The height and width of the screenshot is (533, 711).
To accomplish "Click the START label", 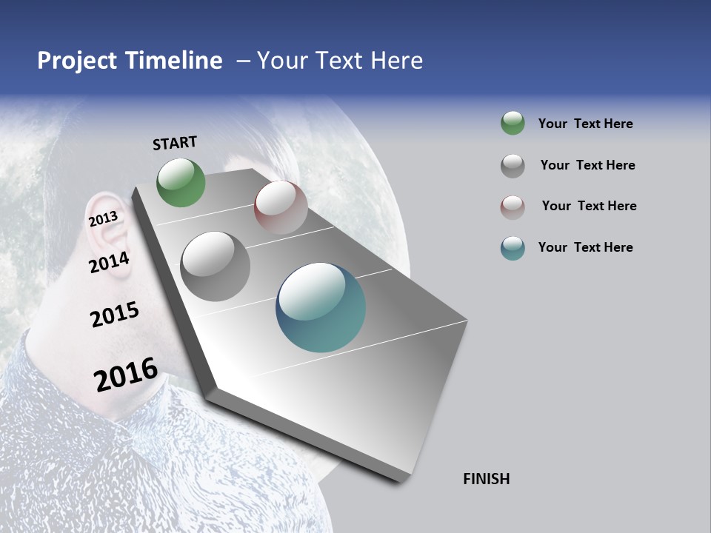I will [x=175, y=142].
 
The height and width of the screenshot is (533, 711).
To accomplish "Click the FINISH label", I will [x=486, y=479].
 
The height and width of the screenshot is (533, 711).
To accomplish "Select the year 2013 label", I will [x=103, y=219].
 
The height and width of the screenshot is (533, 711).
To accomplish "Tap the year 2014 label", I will [x=109, y=262].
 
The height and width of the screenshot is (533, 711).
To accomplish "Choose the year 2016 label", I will [x=126, y=375].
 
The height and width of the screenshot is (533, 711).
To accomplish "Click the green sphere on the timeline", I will [x=181, y=182].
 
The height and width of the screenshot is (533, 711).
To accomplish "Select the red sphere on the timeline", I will [x=281, y=207].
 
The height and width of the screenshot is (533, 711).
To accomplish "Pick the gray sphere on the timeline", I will [x=215, y=266].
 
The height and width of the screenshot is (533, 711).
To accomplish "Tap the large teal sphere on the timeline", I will [x=321, y=307].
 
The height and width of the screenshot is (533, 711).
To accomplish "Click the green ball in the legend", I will [x=513, y=124].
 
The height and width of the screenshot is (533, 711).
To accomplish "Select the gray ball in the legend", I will [x=513, y=166].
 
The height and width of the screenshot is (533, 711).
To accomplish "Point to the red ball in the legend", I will [x=513, y=207].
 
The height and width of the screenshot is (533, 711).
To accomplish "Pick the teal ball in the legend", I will [x=513, y=248].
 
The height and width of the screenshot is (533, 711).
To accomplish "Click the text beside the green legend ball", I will [x=585, y=124].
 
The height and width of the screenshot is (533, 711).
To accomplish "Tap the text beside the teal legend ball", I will [x=585, y=247].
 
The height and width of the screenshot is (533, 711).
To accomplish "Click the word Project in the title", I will [x=77, y=61].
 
